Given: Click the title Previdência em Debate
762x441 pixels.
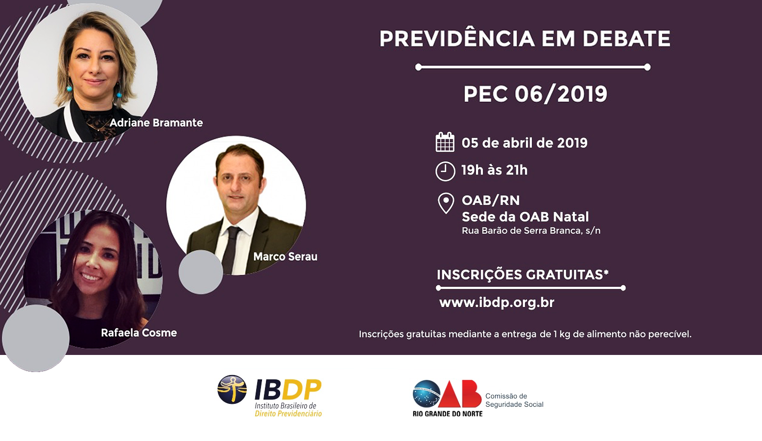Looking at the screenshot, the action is [525, 39].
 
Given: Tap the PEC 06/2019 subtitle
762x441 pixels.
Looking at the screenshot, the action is [535, 94].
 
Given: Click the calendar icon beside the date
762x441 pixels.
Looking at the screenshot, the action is [445, 142].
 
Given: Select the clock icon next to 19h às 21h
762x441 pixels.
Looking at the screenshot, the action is [445, 171].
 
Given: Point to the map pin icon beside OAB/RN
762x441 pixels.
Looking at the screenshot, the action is [446, 203].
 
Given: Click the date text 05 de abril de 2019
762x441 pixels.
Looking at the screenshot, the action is [524, 143].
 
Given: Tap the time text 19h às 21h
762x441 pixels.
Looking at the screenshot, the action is [495, 170].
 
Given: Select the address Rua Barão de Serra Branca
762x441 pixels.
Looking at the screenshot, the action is [531, 231].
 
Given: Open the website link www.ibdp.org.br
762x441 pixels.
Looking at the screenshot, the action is [497, 302].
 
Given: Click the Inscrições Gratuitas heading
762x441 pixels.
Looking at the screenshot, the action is [523, 275].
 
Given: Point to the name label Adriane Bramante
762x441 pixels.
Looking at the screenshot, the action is [156, 123].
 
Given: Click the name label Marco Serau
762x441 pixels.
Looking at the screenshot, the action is [285, 256].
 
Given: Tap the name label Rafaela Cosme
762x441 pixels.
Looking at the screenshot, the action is [139, 332].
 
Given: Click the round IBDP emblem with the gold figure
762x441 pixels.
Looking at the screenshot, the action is [232, 389].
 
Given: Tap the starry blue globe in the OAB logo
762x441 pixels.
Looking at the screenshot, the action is [427, 394].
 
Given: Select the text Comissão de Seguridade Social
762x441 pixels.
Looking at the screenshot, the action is [514, 400].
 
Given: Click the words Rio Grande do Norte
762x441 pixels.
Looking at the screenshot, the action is [448, 414].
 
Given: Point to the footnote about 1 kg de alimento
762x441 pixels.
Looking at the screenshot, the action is [525, 334].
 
